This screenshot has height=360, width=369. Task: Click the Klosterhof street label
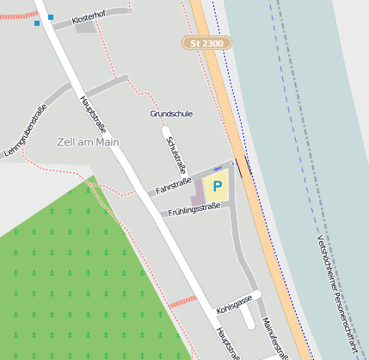tap(90, 17)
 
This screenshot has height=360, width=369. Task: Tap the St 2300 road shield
tap(206, 42)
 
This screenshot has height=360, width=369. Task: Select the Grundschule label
tap(171, 113)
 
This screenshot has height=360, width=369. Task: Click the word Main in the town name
tap(107, 141)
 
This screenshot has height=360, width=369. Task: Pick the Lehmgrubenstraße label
tap(25, 130)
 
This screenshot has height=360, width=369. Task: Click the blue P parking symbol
tap(218, 185)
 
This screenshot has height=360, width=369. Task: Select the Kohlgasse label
tap(234, 303)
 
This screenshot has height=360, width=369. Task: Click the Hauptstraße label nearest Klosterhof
tap(93, 113)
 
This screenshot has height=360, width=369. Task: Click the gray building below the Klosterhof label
tap(85, 28)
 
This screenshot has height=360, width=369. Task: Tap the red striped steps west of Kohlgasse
tap(181, 301)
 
